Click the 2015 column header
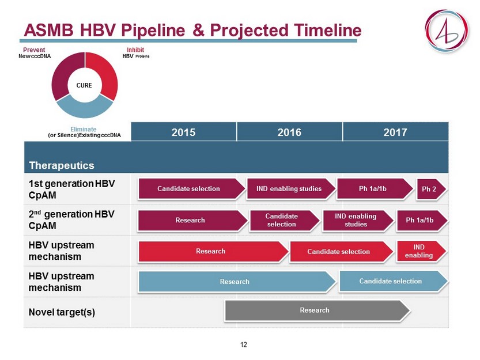(x=183, y=132)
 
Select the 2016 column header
(x=289, y=132)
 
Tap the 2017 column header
(x=395, y=132)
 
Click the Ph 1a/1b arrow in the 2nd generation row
(x=422, y=221)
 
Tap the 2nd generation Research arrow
(x=192, y=221)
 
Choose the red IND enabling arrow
(x=421, y=251)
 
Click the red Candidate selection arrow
(x=341, y=252)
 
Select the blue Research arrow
(x=237, y=282)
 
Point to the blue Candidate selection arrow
(x=394, y=281)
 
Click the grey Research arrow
(x=317, y=310)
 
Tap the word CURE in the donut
(x=84, y=85)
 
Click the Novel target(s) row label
(x=62, y=312)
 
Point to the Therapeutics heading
(x=62, y=165)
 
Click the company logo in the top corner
(x=447, y=31)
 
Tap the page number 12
(x=244, y=344)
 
